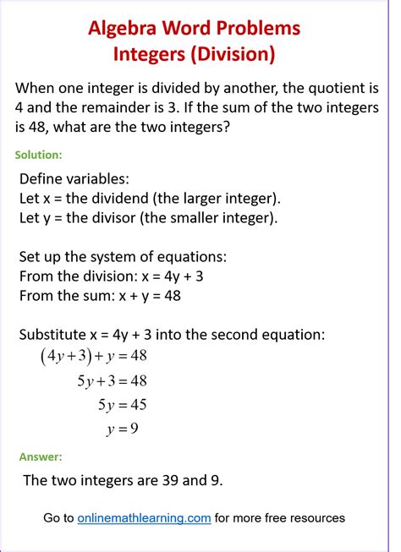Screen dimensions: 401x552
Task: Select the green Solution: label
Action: point(39,155)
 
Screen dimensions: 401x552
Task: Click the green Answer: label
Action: point(41,456)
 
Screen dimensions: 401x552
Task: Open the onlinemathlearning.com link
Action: point(144,517)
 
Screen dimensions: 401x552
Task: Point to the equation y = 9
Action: point(123,429)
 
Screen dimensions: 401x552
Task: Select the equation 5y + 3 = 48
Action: point(113,380)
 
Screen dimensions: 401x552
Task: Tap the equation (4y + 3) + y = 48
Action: point(93,356)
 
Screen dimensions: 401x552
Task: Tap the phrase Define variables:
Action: point(74,178)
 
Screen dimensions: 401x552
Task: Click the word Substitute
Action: point(54,334)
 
